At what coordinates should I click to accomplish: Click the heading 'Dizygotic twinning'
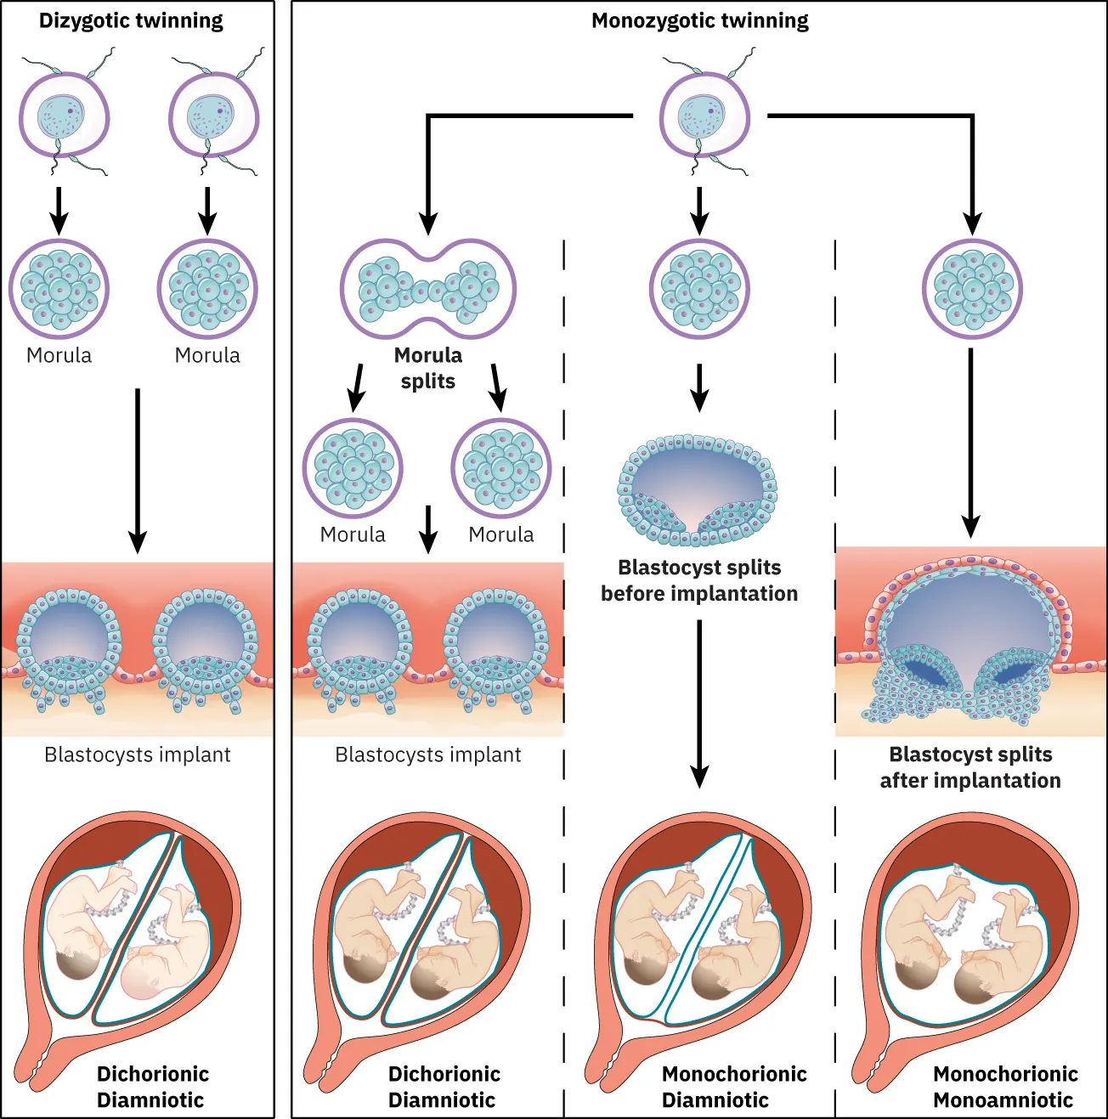[131, 21]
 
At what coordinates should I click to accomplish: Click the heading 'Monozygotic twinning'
[699, 21]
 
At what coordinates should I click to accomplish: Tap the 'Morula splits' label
[428, 368]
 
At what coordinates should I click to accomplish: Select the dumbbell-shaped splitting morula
[428, 289]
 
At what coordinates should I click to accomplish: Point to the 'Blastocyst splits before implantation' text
[699, 580]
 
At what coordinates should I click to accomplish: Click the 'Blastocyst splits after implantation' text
[970, 767]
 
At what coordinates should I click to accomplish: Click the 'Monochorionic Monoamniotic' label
[1004, 1087]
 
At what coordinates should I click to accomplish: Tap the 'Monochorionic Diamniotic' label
[733, 1087]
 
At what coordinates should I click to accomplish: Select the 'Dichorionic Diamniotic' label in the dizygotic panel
[152, 1087]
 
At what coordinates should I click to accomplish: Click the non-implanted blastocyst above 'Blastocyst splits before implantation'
[698, 490]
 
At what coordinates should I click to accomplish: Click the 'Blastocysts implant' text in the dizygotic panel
[138, 754]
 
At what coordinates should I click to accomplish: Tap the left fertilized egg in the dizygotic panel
[65, 116]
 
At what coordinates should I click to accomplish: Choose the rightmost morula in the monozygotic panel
[972, 290]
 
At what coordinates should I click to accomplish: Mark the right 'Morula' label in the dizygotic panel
[207, 355]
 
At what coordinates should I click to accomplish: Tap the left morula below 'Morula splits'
[353, 468]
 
